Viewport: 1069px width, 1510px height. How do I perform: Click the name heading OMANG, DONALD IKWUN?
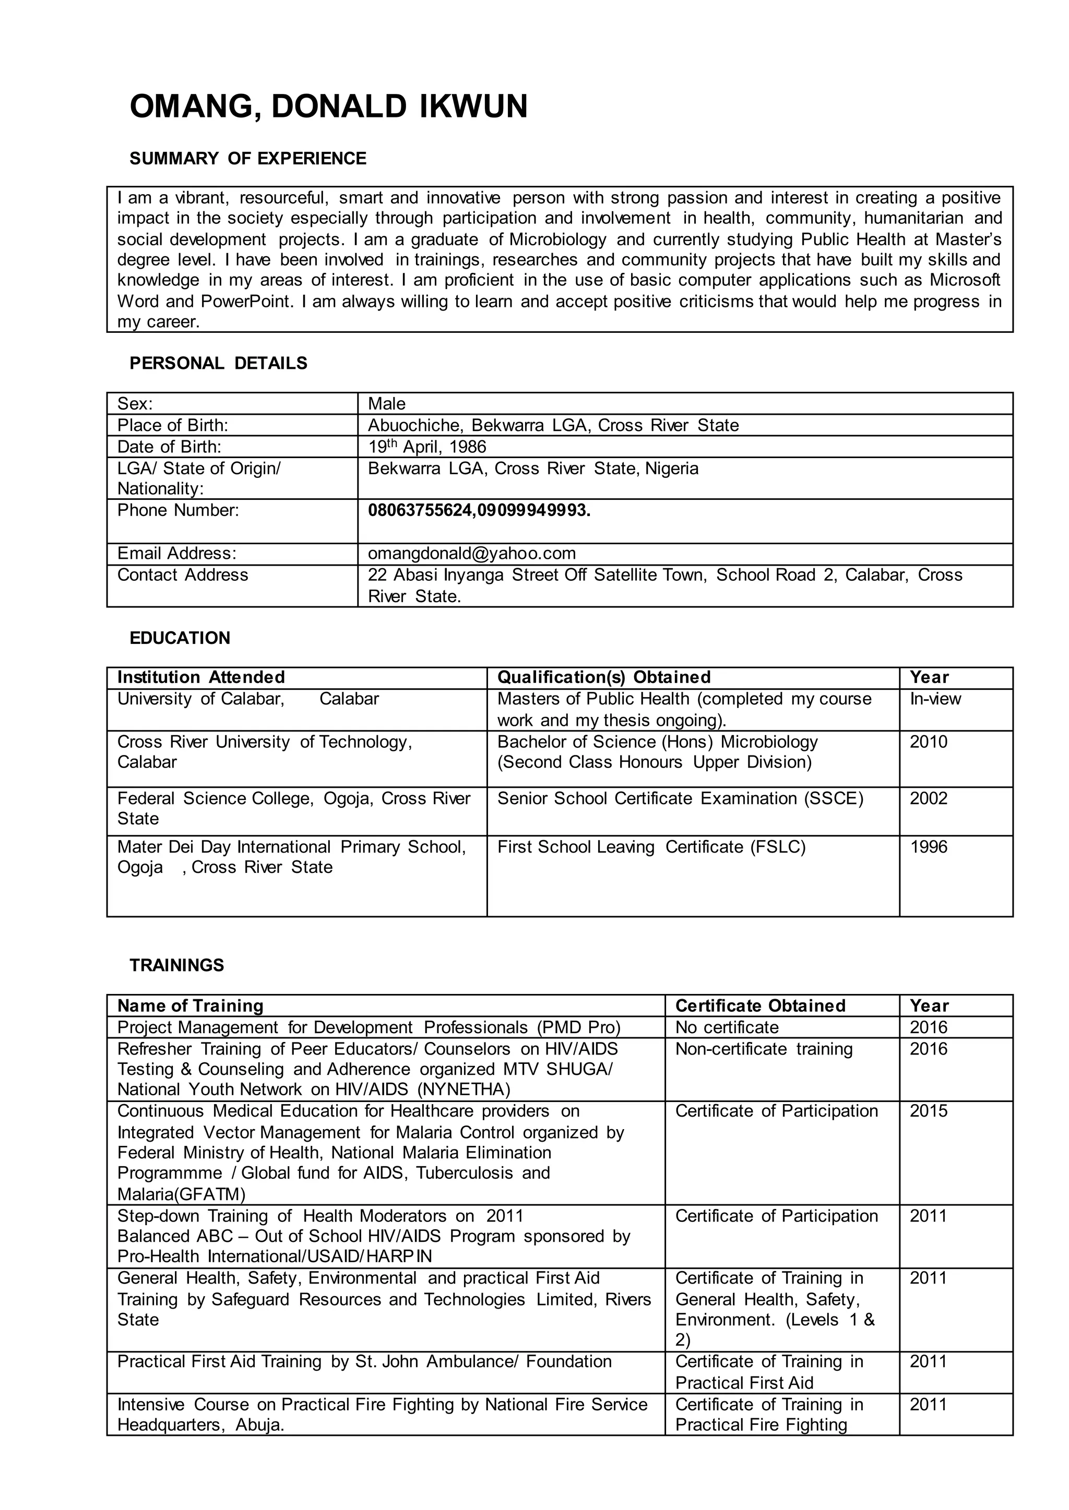(x=328, y=106)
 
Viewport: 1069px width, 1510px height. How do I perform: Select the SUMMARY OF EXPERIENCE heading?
(x=247, y=159)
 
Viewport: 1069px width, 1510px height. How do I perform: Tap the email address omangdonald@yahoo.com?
(x=471, y=554)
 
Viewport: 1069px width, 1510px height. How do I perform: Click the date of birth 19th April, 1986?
(x=426, y=447)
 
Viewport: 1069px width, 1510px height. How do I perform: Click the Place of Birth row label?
(x=172, y=425)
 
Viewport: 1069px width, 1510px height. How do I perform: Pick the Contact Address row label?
(x=182, y=575)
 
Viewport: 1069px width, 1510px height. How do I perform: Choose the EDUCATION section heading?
(x=180, y=638)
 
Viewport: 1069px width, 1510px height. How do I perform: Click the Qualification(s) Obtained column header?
(x=603, y=677)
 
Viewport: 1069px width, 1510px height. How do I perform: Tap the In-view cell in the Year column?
(x=935, y=699)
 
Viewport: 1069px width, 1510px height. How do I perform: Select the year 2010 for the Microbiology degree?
(x=928, y=741)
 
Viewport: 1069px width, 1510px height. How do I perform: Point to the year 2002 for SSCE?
(x=928, y=798)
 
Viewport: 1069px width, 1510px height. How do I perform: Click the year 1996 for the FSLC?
(x=928, y=846)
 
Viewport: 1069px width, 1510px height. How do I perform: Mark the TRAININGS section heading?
(x=176, y=965)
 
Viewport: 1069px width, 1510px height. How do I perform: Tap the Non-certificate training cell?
(x=764, y=1049)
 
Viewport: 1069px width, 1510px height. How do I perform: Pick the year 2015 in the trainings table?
(x=928, y=1111)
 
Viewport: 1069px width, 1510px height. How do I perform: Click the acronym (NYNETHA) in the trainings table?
(x=464, y=1089)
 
